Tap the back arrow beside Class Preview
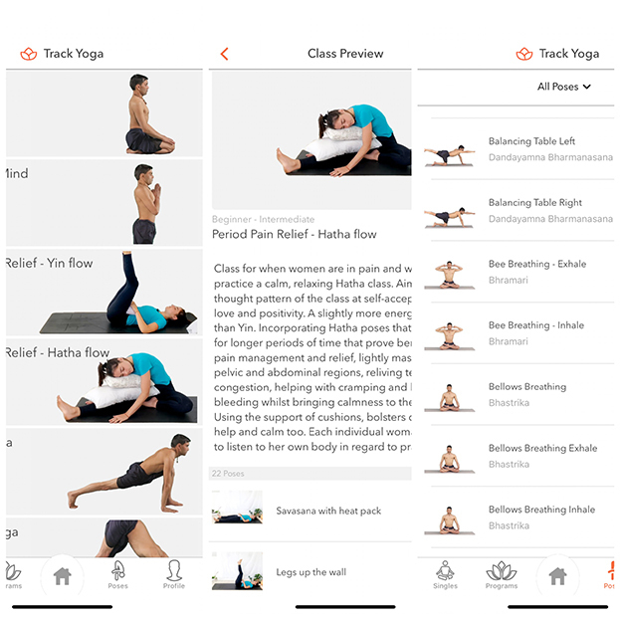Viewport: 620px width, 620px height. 224,54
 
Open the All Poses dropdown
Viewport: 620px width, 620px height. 563,87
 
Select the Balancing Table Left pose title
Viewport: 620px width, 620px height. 531,141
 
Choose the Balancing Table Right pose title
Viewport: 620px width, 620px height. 534,203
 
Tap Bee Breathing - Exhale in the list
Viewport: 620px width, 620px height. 537,264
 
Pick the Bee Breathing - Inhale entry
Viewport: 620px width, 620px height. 536,325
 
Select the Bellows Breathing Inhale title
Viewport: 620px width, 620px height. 541,510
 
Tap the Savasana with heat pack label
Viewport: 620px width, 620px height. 328,512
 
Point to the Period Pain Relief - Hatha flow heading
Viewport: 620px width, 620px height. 294,235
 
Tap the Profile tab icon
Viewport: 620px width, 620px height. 174,572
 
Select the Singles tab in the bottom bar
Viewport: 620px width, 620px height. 445,574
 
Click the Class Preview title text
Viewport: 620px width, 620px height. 345,54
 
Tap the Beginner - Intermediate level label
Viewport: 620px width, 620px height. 263,219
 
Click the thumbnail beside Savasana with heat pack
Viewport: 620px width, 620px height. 237,509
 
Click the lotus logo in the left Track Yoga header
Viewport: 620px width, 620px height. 28,54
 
